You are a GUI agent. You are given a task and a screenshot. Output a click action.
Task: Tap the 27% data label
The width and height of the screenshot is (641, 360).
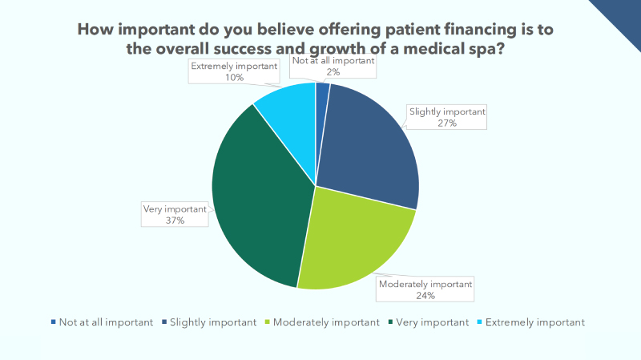coord(446,123)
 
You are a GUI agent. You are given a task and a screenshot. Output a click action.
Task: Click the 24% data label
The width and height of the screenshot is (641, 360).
coord(425,295)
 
